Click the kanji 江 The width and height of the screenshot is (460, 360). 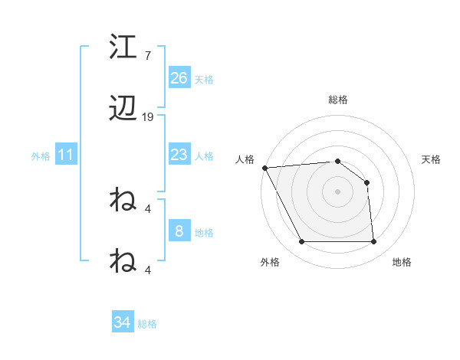point(123,47)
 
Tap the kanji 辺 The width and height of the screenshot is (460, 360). point(123,111)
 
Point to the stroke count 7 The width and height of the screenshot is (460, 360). point(148,56)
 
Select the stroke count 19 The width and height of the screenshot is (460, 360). point(148,117)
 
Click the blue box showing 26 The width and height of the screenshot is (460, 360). point(179,78)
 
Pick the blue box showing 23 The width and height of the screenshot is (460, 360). point(179,155)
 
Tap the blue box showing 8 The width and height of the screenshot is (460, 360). point(179,231)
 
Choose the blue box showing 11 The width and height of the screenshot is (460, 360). point(66,155)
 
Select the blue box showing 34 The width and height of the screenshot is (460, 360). point(123,322)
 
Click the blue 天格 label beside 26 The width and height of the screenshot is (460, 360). point(203,79)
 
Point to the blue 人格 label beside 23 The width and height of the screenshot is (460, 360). point(203,155)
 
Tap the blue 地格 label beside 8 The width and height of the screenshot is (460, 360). point(203,232)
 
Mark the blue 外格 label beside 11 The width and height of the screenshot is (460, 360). point(41,155)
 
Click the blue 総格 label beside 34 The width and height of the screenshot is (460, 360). point(147,323)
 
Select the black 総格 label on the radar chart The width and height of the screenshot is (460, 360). point(338,100)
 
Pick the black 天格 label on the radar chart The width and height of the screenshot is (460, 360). point(432,159)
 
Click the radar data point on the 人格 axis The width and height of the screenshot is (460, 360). point(264,168)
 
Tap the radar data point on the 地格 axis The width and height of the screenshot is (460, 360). point(373,242)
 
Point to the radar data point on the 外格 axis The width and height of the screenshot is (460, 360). point(301,242)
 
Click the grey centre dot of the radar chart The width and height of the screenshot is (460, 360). point(337,191)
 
